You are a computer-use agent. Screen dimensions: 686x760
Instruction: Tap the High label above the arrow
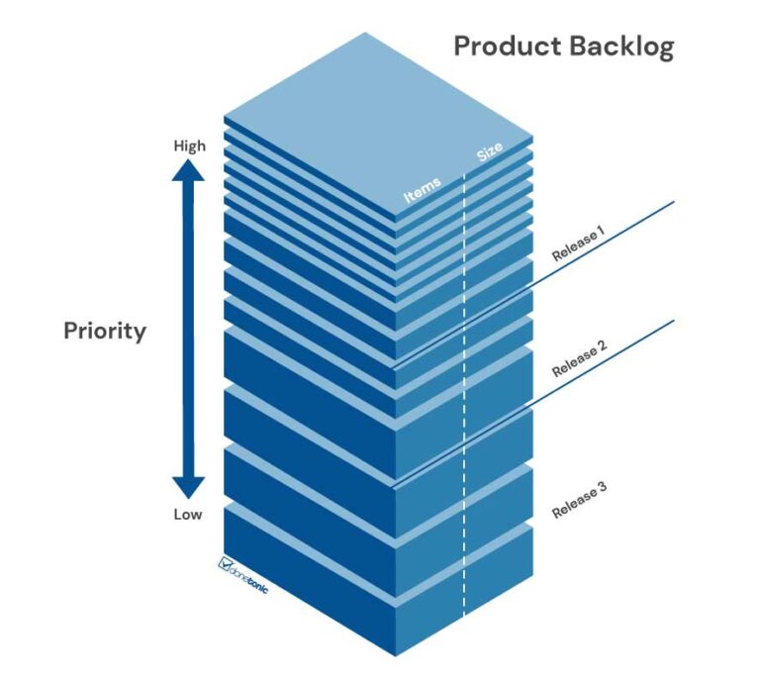189,147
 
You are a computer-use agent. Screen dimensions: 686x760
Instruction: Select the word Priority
105,331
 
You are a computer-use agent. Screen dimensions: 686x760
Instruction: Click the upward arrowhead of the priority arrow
189,171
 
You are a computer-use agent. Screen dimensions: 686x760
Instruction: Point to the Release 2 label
579,358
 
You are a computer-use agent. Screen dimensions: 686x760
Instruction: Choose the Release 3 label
579,499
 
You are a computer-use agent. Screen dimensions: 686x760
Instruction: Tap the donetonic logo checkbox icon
225,562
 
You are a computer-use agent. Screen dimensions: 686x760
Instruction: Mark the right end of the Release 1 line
673,203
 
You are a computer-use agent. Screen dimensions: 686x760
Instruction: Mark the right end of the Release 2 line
673,321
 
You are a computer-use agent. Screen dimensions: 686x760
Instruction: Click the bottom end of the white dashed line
463,617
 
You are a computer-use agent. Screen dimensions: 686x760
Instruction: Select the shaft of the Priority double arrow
189,330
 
